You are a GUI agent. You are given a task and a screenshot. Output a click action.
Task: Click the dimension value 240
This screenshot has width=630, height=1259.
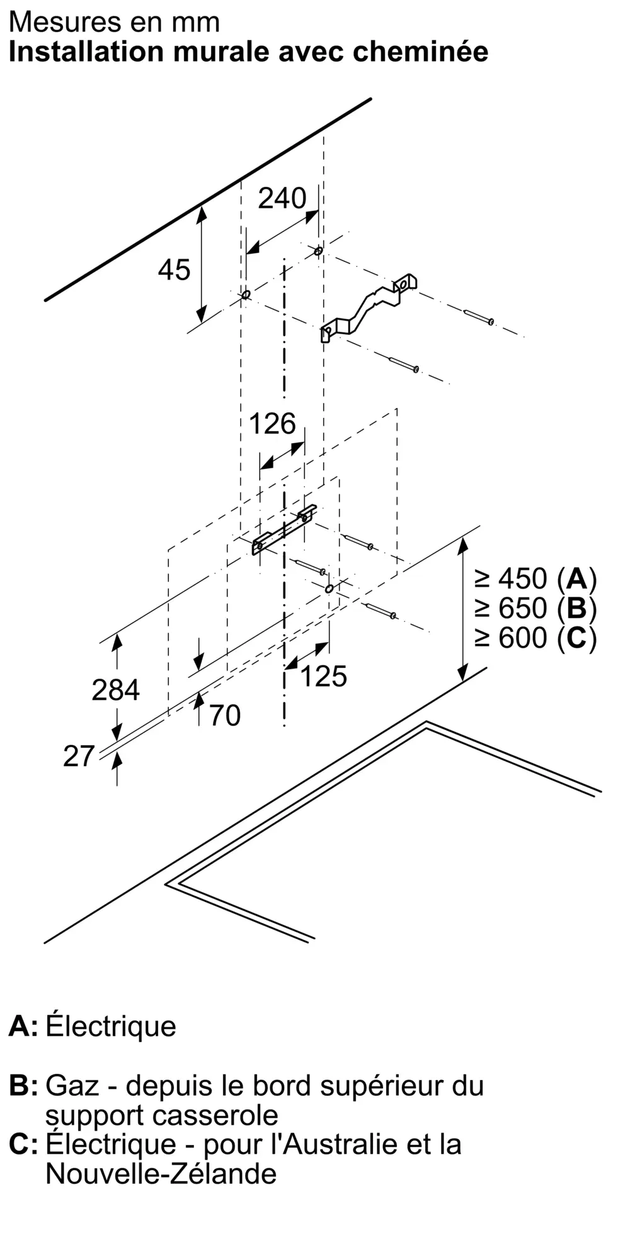282,198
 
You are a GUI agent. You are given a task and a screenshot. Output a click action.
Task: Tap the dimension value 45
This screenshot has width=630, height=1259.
174,270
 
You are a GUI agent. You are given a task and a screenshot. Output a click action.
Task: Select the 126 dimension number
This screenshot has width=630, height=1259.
272,424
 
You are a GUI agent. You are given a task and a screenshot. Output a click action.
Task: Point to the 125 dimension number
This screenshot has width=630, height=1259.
323,676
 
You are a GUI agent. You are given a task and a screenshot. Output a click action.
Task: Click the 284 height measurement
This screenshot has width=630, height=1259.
115,690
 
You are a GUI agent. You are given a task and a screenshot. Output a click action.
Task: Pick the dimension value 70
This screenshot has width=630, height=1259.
225,716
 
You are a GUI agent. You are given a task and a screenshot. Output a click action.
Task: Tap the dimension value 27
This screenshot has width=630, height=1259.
79,756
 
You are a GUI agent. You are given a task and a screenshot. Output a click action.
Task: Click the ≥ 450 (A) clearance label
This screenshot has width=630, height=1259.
535,578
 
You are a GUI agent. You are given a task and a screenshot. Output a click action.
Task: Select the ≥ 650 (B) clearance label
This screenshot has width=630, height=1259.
535,608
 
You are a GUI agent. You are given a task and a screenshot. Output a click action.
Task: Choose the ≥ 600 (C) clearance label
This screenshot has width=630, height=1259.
535,638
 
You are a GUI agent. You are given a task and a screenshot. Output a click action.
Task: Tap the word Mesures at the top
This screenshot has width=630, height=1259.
55,23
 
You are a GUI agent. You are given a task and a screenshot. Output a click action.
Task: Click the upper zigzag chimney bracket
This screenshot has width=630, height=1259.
369,307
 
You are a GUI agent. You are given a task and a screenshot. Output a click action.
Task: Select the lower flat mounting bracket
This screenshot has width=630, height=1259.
284,529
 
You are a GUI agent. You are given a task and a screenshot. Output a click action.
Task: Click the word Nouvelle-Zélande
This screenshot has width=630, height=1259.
161,1174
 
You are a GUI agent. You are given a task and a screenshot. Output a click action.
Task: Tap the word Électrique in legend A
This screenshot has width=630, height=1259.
111,1025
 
